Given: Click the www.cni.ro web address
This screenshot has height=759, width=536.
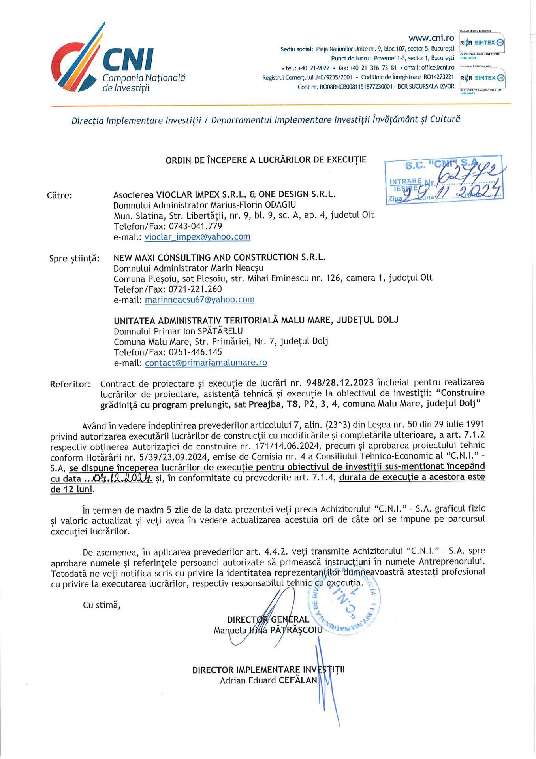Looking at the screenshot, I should click(431, 38).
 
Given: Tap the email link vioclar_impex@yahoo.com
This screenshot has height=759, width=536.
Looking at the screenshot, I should click(197, 237).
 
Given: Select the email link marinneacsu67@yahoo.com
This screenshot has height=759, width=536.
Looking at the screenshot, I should click(199, 300).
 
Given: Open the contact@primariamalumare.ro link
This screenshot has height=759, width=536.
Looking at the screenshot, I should click(206, 363).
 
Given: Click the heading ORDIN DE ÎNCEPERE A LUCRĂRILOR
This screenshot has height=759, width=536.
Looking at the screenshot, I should click(266, 160).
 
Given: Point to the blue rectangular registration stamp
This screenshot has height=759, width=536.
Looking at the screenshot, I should click(444, 180).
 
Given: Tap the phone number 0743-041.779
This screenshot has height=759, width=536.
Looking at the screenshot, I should click(196, 226).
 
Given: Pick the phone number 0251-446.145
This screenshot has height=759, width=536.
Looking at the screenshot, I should click(195, 352).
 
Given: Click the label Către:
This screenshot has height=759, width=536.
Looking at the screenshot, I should click(60, 195).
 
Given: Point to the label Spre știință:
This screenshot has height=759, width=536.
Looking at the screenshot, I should click(74, 259).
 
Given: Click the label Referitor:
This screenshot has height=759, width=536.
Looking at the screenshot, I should click(70, 384).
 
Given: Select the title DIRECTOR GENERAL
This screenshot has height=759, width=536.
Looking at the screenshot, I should click(268, 619).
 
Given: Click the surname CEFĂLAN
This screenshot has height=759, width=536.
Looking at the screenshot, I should click(298, 680).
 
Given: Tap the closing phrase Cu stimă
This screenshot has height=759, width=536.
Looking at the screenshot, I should click(102, 605).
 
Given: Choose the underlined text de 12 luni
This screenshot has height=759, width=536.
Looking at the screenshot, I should click(72, 489).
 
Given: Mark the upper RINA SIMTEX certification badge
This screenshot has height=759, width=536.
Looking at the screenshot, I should click(482, 43).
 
